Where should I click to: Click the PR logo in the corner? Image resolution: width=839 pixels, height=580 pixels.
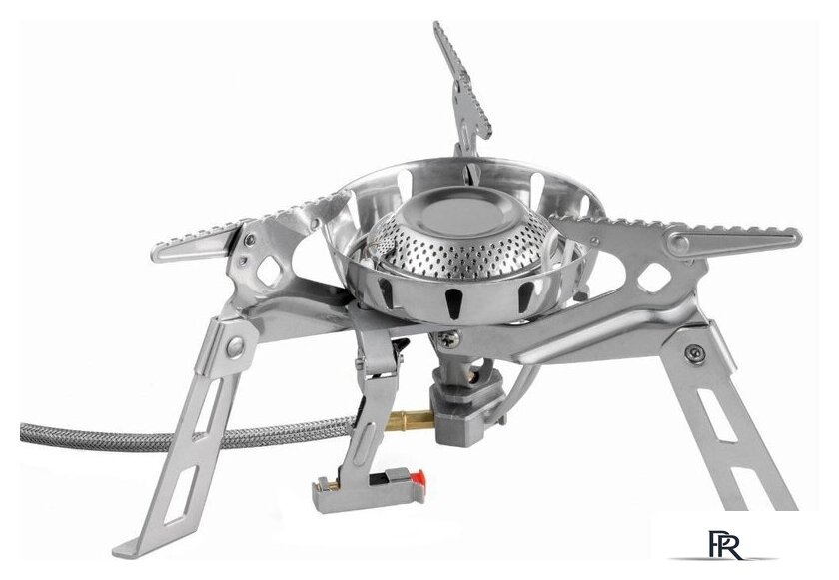pos(725,545)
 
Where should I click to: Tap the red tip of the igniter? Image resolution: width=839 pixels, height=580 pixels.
pos(420,477)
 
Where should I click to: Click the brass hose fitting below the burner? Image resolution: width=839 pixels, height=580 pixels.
pos(409,419)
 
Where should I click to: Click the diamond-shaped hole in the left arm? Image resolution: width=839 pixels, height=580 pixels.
pos(271,270)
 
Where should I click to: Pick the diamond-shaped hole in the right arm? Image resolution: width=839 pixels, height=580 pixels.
pos(654,278)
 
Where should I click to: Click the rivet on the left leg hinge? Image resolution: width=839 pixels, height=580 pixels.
pos(235,347)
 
